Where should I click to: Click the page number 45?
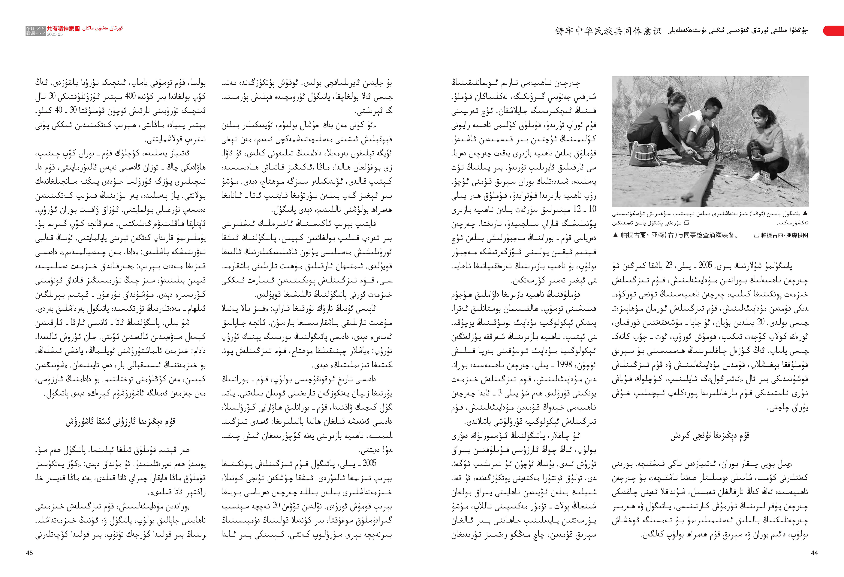pos(29,553)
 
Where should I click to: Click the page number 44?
pos(814,553)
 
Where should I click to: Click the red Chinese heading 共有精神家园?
pos(63,28)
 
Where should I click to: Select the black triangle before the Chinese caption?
pos(615,235)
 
